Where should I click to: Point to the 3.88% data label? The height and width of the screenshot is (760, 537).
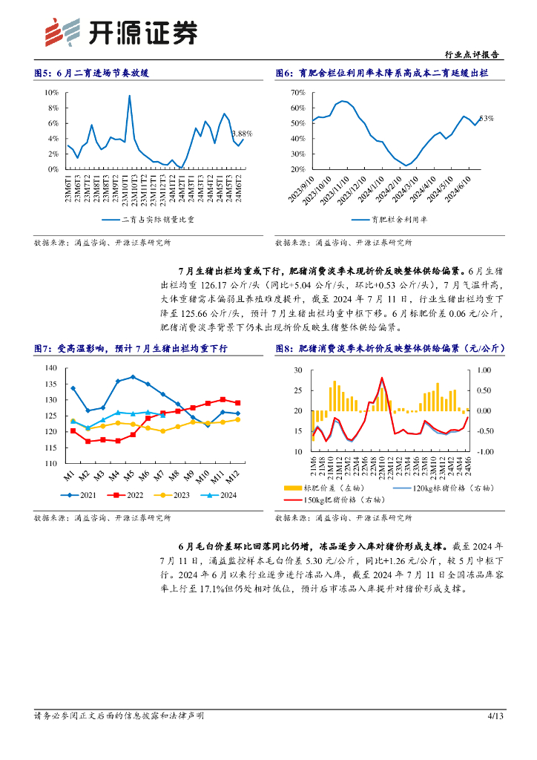click(x=242, y=134)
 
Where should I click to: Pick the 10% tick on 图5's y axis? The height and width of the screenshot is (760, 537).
click(x=52, y=92)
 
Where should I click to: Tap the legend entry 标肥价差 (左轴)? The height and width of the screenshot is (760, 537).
click(x=330, y=488)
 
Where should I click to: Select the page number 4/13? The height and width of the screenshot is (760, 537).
click(x=495, y=715)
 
